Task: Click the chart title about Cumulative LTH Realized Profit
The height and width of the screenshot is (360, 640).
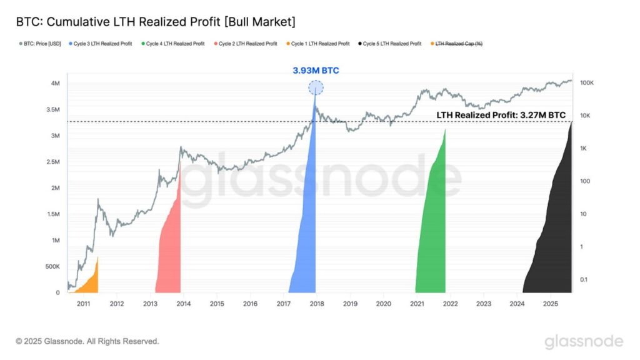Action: pos(156,22)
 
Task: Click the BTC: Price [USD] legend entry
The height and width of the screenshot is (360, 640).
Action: pos(41,44)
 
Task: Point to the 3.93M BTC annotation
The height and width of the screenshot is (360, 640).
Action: pos(316,71)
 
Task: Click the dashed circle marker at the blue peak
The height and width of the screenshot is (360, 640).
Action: pos(316,88)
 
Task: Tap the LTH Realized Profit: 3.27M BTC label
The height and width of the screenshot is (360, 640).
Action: pos(501,115)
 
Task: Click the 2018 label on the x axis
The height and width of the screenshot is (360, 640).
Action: pos(316,304)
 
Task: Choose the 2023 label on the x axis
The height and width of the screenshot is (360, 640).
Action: pos(483,304)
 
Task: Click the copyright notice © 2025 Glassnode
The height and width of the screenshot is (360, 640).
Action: pos(87,341)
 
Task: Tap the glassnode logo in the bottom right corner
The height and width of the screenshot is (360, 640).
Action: pos(583,341)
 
